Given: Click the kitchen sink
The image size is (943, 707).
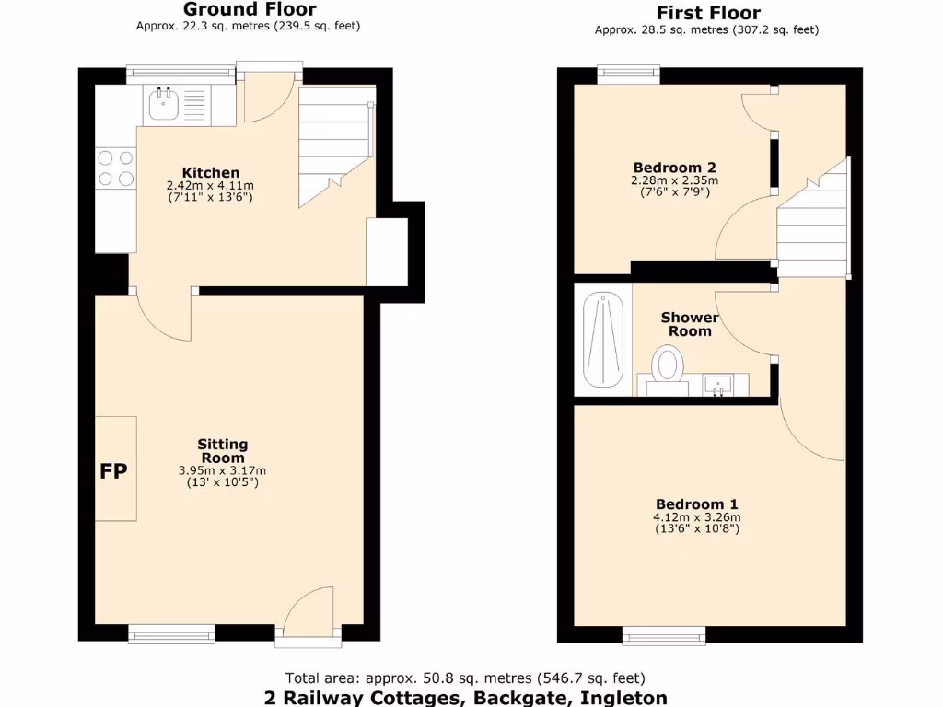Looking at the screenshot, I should click(x=164, y=104).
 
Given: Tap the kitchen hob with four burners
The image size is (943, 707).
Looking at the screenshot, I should click(x=115, y=168).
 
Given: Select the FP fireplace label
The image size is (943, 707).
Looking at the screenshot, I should click(x=114, y=471).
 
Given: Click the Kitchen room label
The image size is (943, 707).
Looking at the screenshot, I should click(x=211, y=172).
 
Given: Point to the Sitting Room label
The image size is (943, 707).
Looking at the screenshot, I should click(x=222, y=451).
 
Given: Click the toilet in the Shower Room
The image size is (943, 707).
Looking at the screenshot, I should click(x=668, y=365).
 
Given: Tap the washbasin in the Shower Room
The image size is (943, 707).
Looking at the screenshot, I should click(x=717, y=383).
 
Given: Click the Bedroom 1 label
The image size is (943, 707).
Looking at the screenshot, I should click(x=696, y=504).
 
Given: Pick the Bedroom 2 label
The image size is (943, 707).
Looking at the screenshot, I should click(x=674, y=168).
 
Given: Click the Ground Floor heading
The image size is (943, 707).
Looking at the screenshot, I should click(x=250, y=9).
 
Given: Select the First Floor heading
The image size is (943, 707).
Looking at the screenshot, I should click(x=707, y=13).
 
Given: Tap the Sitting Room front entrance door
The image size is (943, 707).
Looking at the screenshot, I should click(x=309, y=612).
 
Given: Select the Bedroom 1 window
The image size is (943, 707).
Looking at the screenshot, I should click(x=664, y=633).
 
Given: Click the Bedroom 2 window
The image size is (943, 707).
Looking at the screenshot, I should click(x=628, y=75).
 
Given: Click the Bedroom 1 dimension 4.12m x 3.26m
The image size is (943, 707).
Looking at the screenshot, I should click(x=696, y=517).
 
